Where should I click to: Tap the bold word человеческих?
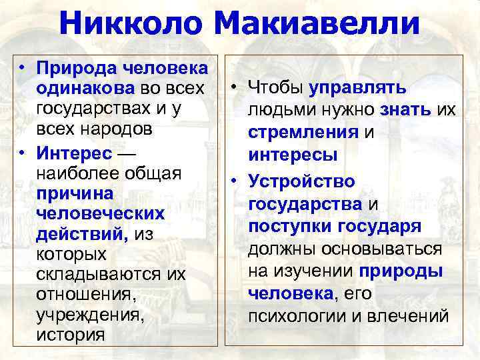click(x=101, y=213)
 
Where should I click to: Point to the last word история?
click(x=72, y=335)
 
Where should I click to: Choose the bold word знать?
click(x=407, y=110)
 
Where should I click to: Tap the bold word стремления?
click(x=303, y=132)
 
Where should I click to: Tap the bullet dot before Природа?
click(x=23, y=67)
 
